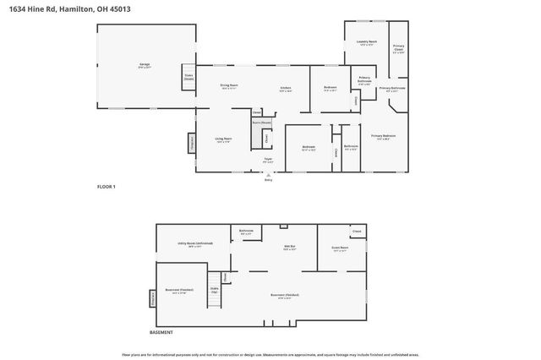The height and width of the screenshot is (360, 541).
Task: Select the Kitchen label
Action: coord(286,89)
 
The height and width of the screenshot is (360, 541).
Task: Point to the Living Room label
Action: coord(223,140)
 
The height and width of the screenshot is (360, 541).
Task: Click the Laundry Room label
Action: coord(366,42)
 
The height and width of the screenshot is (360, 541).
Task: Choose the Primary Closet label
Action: coord(398,48)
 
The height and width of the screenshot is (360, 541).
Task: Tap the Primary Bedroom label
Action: coord(383,137)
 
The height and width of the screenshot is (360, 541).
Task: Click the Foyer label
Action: coord(268,161)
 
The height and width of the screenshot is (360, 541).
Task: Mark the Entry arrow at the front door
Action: coord(269,175)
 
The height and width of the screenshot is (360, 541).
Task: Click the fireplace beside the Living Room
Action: coord(191,145)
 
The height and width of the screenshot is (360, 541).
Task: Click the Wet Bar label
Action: coord(288,248)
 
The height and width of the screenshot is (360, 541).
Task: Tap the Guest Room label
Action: coord(340,249)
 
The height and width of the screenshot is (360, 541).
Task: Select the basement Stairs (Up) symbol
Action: coord(215,291)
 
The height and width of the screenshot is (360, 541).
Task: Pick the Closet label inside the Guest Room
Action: coord(357,231)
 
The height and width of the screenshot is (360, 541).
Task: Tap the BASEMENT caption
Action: coord(161,332)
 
